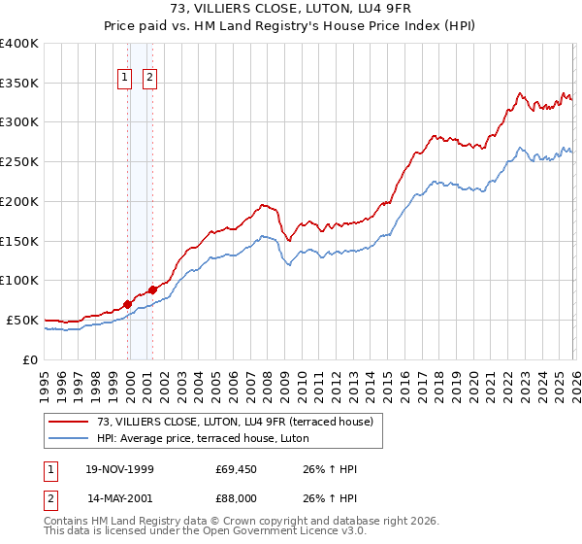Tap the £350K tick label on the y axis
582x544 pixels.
tap(19, 84)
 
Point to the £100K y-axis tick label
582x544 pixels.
tap(19, 281)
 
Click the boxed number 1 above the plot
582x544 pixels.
tap(127, 80)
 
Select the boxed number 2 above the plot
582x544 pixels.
tap(151, 80)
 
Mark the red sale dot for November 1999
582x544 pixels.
tap(128, 304)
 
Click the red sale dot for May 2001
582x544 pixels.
tap(152, 289)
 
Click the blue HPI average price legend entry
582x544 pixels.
tap(203, 438)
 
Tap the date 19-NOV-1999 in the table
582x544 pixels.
tap(122, 469)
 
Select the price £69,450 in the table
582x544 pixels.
tap(236, 469)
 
